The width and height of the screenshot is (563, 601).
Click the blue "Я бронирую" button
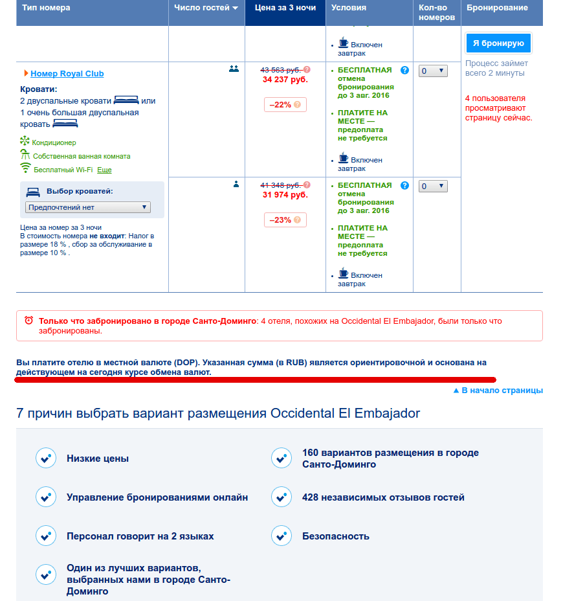498,43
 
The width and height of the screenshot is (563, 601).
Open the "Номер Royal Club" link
67,74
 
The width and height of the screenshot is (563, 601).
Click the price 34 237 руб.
285,80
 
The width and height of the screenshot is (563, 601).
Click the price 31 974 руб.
285,195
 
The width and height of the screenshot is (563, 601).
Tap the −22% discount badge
285,104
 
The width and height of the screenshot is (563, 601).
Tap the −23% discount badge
285,220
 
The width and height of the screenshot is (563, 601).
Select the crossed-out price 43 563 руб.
281,70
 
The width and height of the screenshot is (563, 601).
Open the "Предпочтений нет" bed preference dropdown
88,207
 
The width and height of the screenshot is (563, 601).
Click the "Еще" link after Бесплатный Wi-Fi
104,170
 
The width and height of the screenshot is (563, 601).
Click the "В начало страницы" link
498,391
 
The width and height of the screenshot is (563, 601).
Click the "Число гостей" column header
206,8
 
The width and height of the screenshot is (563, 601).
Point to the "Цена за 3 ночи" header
285,8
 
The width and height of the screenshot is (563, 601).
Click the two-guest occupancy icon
234,69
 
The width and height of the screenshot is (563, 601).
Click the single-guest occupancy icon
236,184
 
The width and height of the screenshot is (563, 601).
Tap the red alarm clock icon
28,321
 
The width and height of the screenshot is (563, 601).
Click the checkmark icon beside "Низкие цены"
45,459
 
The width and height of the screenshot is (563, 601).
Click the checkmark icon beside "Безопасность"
281,536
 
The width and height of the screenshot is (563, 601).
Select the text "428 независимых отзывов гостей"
383,497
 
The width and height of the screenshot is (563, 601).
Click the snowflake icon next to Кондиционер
25,141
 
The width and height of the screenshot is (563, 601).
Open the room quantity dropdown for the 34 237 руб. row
433,71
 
